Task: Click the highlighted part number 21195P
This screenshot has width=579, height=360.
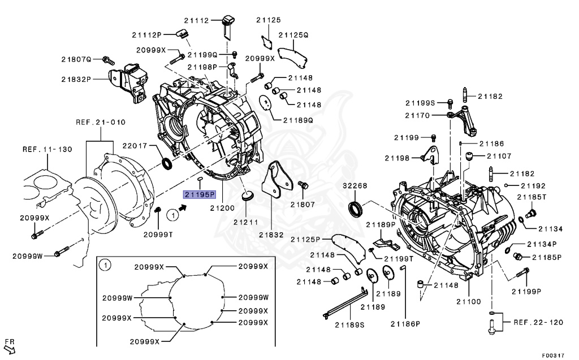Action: coord(198,195)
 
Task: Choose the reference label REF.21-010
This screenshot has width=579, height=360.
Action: coord(101,122)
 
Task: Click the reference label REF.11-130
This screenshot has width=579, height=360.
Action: coord(47,150)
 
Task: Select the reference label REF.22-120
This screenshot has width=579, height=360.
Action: coord(538,322)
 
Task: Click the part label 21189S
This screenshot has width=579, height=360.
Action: coord(349,324)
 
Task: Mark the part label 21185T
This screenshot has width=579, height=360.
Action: coord(534,197)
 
